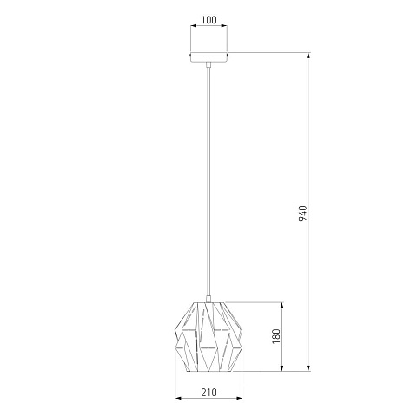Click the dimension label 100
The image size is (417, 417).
208,20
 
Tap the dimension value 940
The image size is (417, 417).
302,213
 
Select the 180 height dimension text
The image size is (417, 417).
276,336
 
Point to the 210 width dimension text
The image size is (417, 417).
208,393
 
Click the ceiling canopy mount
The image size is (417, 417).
208,57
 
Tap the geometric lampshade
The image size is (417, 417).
208,337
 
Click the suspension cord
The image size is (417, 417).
208,182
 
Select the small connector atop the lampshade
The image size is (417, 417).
208,299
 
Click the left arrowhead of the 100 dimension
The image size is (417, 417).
194,26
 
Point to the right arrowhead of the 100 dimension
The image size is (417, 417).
224,26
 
